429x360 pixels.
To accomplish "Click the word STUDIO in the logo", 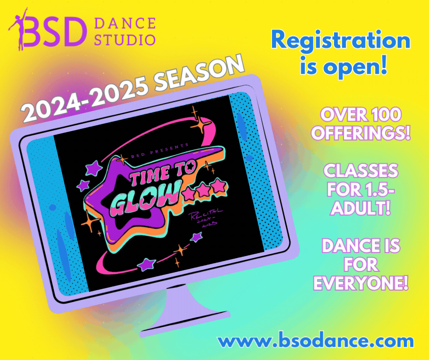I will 125,39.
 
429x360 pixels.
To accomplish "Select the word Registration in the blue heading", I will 340,42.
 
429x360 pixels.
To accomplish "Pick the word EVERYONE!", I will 361,283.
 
